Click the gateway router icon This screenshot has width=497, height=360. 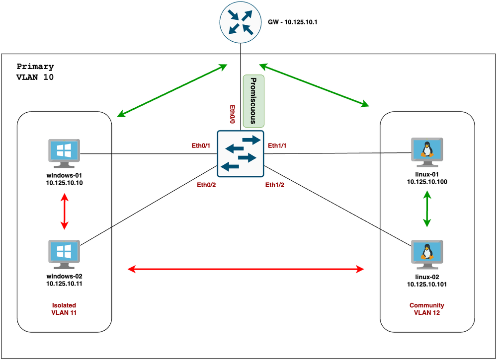(x=241, y=21)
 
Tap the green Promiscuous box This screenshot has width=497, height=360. (x=253, y=101)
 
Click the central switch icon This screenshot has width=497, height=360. (x=241, y=153)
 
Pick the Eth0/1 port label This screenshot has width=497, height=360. (x=201, y=145)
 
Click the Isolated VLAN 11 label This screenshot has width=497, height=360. (x=64, y=309)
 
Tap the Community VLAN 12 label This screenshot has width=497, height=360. (x=426, y=309)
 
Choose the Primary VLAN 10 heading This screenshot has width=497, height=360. (x=35, y=72)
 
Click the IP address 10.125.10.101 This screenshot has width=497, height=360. (x=426, y=285)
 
